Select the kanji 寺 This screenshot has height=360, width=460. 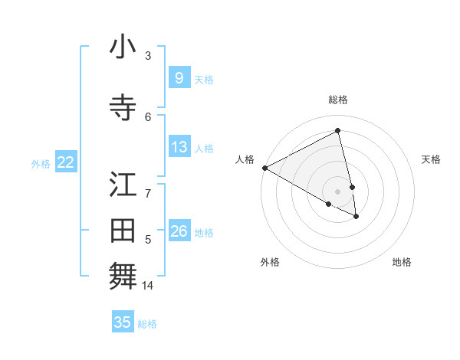(x=123, y=107)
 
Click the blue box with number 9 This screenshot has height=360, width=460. (x=179, y=77)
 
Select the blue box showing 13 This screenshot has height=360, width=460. (x=179, y=147)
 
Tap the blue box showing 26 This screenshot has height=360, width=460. (x=179, y=231)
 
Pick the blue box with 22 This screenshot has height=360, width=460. (x=65, y=162)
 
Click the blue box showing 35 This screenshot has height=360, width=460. (x=123, y=322)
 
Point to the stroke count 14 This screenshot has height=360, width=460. (x=148, y=286)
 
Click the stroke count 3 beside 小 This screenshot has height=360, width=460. (x=148, y=55)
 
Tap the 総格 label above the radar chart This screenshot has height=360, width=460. (x=338, y=100)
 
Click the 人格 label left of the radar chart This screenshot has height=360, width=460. (x=245, y=159)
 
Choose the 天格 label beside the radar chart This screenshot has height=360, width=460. (x=431, y=159)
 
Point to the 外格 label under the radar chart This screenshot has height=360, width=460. (x=270, y=262)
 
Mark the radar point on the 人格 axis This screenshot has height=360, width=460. (x=264, y=167)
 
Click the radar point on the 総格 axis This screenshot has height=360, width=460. (x=338, y=131)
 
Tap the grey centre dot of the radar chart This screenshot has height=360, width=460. (x=338, y=191)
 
